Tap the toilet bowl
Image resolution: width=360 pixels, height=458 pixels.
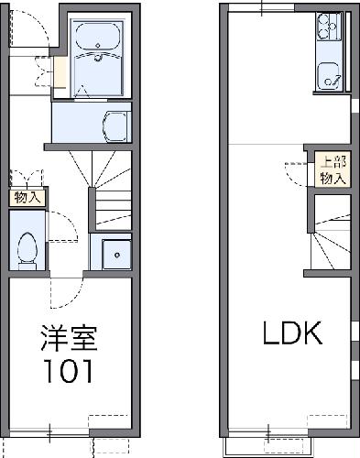pos(27,247)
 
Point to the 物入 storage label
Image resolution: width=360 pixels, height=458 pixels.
pos(27,196)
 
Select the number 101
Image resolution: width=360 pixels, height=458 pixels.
pos(67,371)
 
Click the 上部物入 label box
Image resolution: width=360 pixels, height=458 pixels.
pos(332,169)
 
